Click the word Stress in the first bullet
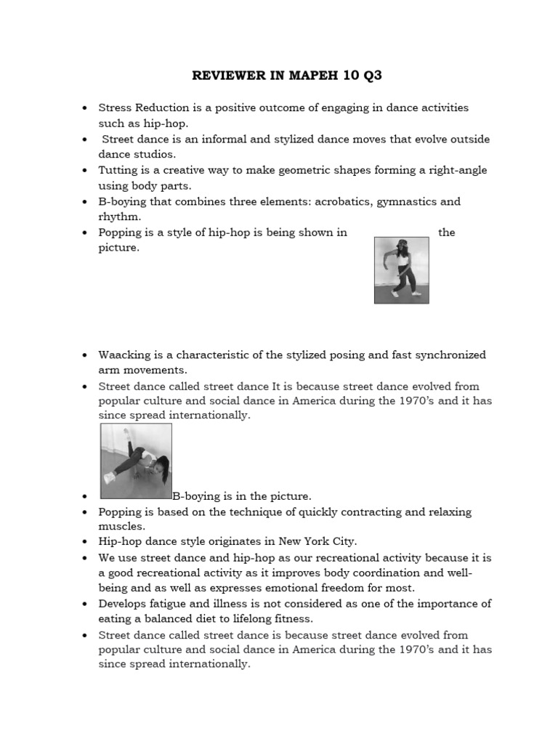coord(115,108)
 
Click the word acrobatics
coord(341,201)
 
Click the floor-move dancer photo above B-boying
coord(136,461)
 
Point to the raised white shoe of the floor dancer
coord(109,478)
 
